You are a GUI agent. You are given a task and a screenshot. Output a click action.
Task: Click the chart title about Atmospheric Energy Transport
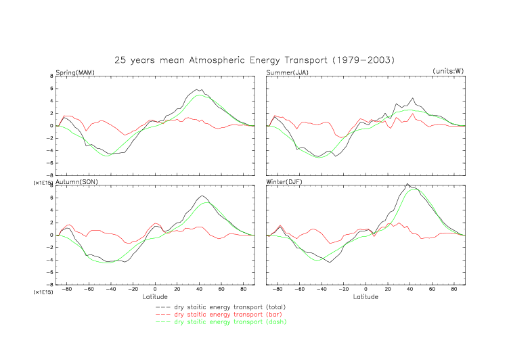pyautogui.click(x=254, y=60)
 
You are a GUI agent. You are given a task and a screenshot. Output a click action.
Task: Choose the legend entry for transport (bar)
pyautogui.click(x=228, y=315)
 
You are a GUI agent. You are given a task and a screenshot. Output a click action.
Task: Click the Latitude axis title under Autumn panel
pyautogui.click(x=155, y=296)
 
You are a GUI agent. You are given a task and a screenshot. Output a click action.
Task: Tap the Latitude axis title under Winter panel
pyautogui.click(x=366, y=296)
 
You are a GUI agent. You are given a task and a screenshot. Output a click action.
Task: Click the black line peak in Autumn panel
pyautogui.click(x=202, y=196)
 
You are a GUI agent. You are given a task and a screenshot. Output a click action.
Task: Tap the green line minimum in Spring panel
pyautogui.click(x=107, y=156)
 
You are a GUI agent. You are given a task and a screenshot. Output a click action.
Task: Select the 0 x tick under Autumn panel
pyautogui.click(x=155, y=289)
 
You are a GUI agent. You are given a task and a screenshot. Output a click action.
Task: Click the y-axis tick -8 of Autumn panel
pyautogui.click(x=50, y=284)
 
